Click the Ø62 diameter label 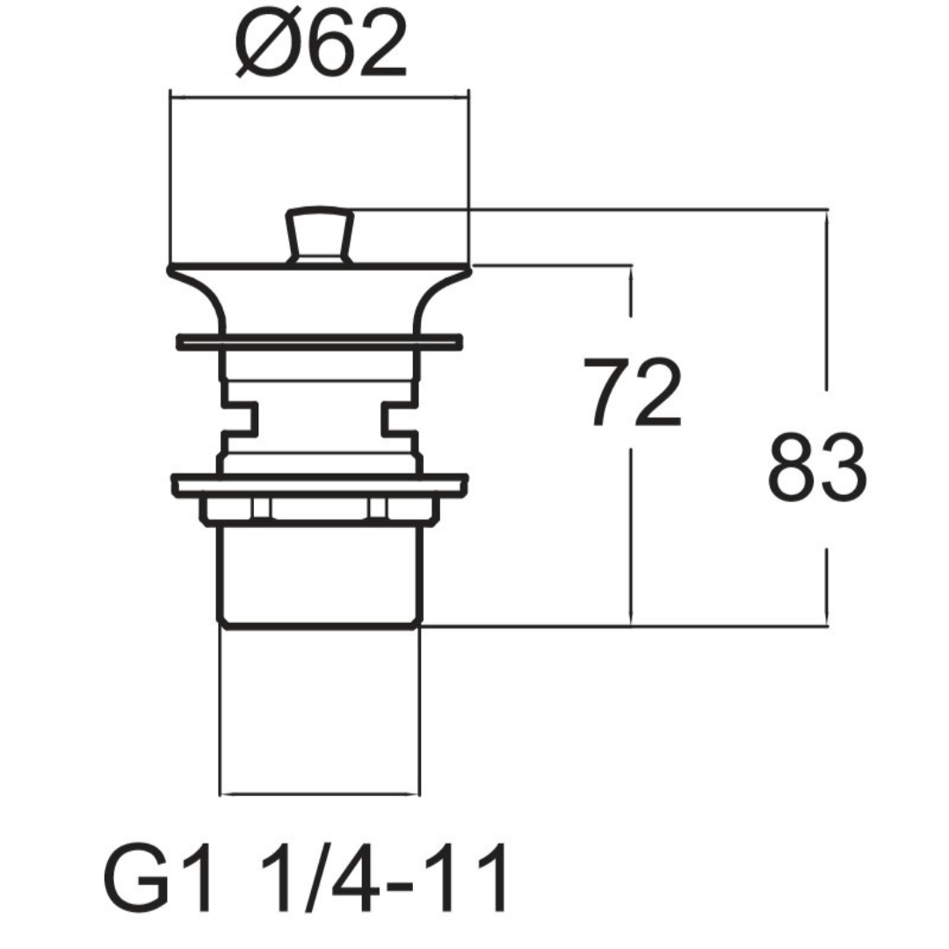pyautogui.click(x=320, y=46)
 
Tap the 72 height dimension pyautogui.click(x=633, y=393)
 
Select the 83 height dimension pyautogui.click(x=817, y=467)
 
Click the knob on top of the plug pyautogui.click(x=319, y=235)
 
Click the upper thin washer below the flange pyautogui.click(x=319, y=342)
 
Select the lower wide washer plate pyautogui.click(x=320, y=485)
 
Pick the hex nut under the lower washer pyautogui.click(x=319, y=509)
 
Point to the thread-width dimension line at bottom pyautogui.click(x=320, y=793)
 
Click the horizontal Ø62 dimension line pyautogui.click(x=320, y=96)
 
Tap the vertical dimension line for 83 pyautogui.click(x=827, y=417)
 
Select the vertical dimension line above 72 pyautogui.click(x=631, y=291)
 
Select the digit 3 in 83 pyautogui.click(x=844, y=467)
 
